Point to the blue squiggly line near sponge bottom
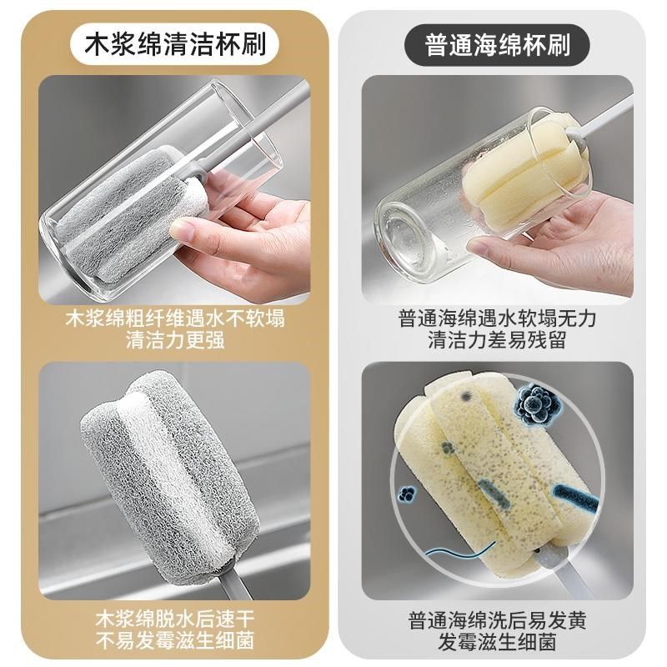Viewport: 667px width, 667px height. click(454, 553)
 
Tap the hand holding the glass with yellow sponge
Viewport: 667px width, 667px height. click(559, 250)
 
